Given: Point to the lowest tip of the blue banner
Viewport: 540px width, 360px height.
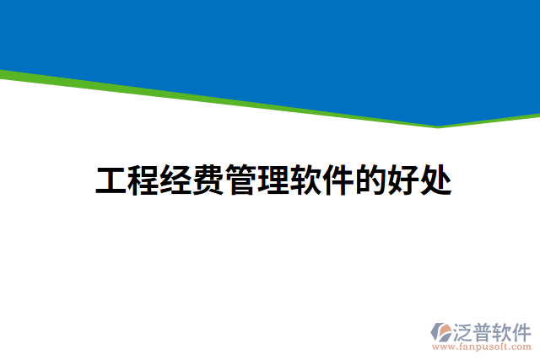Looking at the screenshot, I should click(438, 125).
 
